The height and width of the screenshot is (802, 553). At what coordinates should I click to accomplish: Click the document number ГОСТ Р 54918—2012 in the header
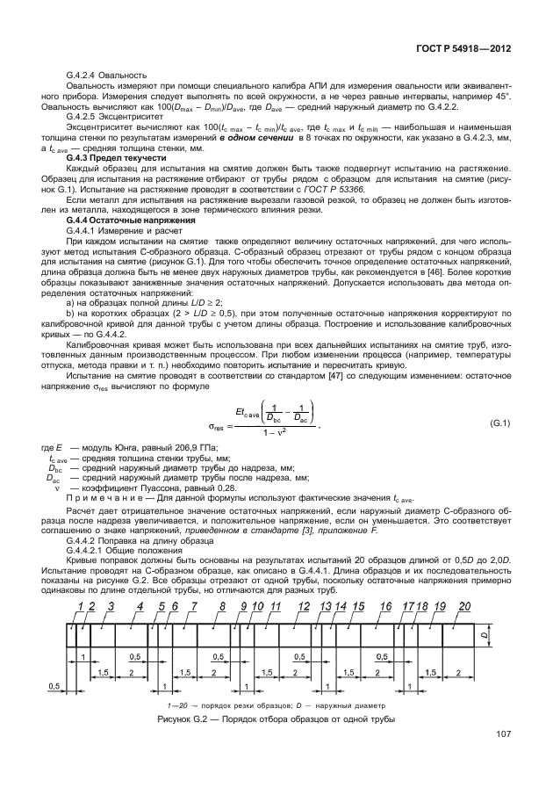(x=463, y=51)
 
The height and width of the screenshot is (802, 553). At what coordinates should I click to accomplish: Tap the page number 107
(x=504, y=734)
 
